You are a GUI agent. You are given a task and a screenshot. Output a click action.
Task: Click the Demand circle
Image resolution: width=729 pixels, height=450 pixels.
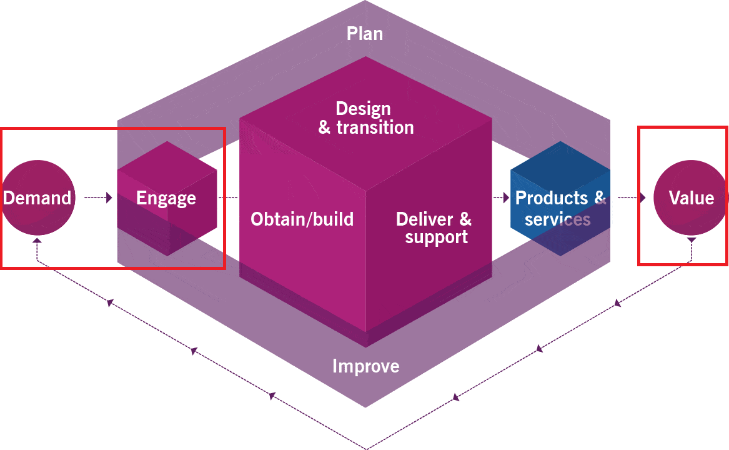click(x=37, y=198)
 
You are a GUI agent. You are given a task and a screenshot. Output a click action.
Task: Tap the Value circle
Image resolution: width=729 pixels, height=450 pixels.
click(x=691, y=198)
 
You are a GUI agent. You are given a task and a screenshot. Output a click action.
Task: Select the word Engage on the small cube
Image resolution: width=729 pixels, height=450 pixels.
click(x=166, y=199)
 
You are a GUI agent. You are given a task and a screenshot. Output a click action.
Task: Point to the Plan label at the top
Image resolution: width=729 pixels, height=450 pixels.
click(x=365, y=33)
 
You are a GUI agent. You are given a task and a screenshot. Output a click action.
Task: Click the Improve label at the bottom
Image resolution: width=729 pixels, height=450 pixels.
click(x=365, y=366)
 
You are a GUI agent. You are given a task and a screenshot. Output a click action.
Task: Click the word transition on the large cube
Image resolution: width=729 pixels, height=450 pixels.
click(x=375, y=127)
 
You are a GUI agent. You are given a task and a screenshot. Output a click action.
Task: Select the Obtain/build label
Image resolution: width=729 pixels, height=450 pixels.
click(x=302, y=219)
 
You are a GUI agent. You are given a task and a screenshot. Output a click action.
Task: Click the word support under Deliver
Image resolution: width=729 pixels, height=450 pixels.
click(x=436, y=237)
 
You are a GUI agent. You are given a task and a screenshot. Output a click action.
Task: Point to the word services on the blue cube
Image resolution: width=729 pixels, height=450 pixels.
click(x=557, y=219)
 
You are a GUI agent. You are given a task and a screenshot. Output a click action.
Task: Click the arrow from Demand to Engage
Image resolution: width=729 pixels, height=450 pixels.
click(x=98, y=198)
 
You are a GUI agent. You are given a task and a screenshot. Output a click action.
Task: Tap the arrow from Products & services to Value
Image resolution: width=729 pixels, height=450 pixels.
click(x=633, y=198)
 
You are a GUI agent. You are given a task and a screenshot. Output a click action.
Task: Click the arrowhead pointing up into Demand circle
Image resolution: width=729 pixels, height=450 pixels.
click(x=37, y=239)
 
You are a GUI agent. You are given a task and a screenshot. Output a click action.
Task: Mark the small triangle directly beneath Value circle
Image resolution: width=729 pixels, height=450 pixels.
click(x=691, y=239)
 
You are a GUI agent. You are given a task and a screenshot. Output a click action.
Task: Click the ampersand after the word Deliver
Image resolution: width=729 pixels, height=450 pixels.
click(x=465, y=219)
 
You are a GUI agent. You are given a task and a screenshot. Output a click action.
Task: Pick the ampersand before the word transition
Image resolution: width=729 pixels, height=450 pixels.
click(x=324, y=128)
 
